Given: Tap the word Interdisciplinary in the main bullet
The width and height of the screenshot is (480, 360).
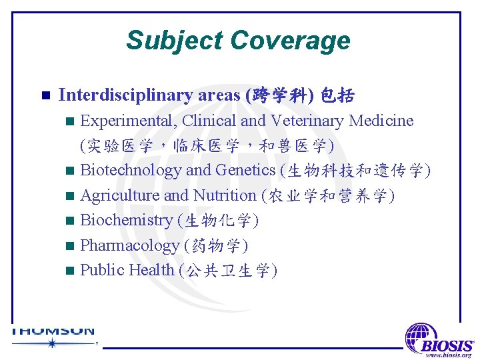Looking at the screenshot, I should pos(126,95).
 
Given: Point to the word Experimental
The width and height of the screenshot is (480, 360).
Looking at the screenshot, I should pos(129,121).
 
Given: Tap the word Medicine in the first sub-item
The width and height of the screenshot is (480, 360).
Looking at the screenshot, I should pos(381,121).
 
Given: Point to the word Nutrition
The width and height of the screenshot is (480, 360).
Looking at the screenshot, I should pos(225,195).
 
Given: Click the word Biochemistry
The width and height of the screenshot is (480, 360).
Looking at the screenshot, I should pos(126,220).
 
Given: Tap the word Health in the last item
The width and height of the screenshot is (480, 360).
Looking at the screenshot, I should pos(152,270).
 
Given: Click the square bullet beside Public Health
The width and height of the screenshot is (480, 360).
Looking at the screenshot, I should pos(71,271).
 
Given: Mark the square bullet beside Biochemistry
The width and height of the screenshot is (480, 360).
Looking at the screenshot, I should pos(71,221).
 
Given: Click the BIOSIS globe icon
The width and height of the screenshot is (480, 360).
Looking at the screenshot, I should pos(421,335).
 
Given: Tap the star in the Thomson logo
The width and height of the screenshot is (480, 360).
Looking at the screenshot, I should pos(51,343).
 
